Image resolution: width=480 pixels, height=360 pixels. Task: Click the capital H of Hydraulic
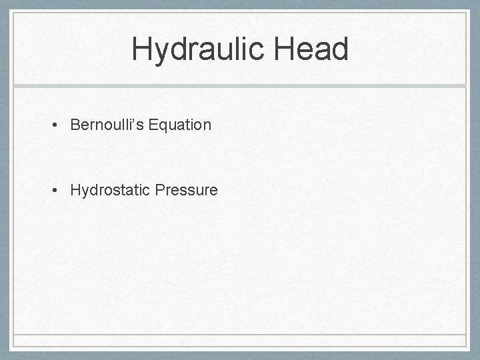(x=142, y=49)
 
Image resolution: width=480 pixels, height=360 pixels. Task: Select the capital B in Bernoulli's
(x=75, y=125)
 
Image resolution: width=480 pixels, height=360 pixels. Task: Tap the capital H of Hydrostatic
(x=75, y=191)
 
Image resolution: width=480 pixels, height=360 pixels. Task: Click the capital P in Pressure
(x=159, y=191)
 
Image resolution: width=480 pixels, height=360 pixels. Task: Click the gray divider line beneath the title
(x=240, y=87)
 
